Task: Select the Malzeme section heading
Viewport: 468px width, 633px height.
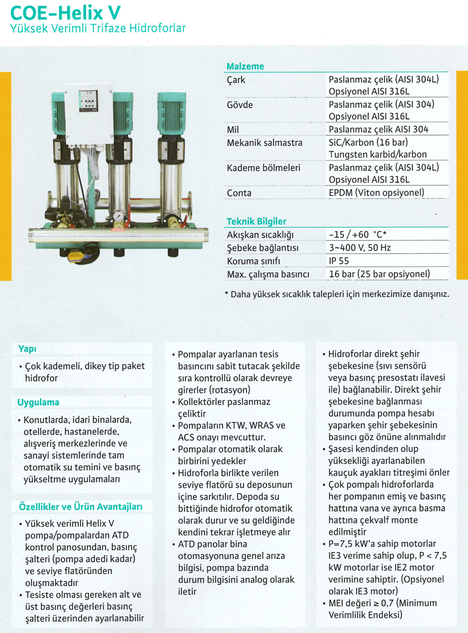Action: point(245,67)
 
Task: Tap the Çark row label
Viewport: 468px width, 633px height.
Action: point(236,80)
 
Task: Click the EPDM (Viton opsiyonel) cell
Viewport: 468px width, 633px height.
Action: point(376,193)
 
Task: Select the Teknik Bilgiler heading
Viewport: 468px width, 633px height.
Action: point(256,221)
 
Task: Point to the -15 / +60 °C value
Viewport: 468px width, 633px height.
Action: point(358,234)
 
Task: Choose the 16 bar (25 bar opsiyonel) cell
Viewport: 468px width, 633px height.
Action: point(379,274)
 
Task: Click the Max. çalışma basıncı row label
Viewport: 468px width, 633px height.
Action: point(268,274)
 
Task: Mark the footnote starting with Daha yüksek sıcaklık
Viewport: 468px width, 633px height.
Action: point(336,292)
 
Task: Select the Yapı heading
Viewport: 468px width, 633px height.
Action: point(27,349)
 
